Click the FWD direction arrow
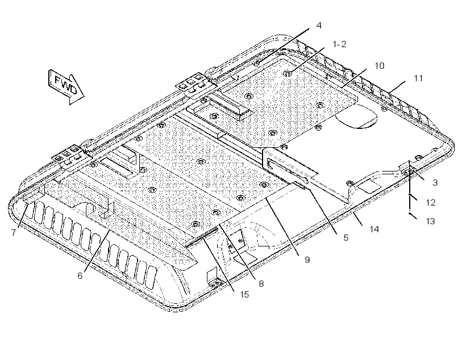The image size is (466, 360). point(66,86)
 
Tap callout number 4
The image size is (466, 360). point(319,26)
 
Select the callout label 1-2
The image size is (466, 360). point(339,44)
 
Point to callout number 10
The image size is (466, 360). point(379,66)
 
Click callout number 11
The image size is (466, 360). point(418,78)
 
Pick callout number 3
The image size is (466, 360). point(435,183)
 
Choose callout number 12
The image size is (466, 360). point(431,203)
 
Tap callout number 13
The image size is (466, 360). point(430,221)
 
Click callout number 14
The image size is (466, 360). point(374,229)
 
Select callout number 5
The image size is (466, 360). point(346,237)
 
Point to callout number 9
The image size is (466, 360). point(307,260)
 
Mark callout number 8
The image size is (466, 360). point(261,284)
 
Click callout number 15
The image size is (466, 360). point(244,295)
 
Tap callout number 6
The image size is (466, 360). point(80,276)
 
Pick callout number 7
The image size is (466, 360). point(14,233)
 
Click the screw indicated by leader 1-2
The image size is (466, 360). point(287,73)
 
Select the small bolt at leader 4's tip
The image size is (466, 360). point(256,63)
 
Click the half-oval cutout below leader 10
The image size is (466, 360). point(356,116)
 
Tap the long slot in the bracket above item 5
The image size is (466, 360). point(288,171)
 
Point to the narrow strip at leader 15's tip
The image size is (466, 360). point(201,236)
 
